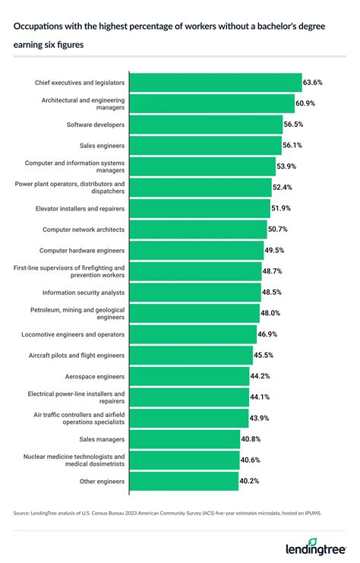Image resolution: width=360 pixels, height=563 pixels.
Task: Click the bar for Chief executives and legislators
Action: coord(216,82)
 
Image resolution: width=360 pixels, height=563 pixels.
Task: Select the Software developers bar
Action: coord(206,124)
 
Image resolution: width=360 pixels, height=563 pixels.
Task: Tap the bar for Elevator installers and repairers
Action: coord(200,208)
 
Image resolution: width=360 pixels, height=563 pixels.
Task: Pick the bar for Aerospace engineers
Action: coord(189,376)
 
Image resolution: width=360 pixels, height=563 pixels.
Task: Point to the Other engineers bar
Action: coord(184,481)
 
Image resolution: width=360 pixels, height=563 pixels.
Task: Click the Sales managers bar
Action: coord(185,439)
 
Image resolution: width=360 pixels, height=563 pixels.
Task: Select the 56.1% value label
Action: coord(294,145)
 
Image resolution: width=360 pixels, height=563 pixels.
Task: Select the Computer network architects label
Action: coord(84,229)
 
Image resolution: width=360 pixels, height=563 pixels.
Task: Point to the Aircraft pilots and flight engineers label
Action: coord(75,355)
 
